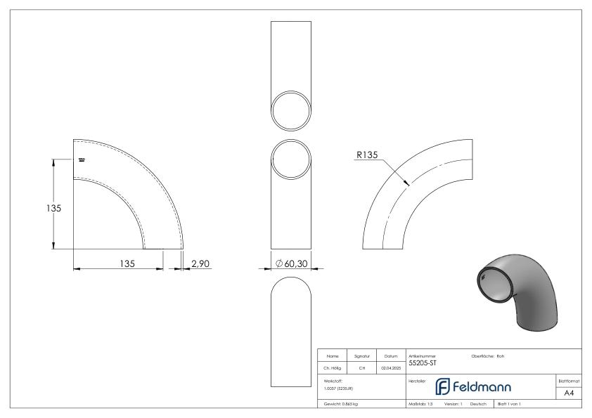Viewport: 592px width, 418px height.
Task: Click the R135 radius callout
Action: click(x=366, y=156)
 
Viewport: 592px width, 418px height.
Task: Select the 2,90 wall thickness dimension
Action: click(x=200, y=263)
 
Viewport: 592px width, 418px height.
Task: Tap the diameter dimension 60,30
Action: click(x=290, y=263)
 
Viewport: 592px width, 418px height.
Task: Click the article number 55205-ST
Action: click(x=423, y=363)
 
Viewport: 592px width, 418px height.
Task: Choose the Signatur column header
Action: click(x=361, y=355)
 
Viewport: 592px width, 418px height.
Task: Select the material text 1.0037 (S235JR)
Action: click(x=337, y=388)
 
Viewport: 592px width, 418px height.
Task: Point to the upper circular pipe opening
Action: click(x=290, y=110)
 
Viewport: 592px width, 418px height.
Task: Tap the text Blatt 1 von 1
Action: click(x=509, y=405)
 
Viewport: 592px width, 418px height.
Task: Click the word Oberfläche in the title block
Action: click(x=483, y=355)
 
